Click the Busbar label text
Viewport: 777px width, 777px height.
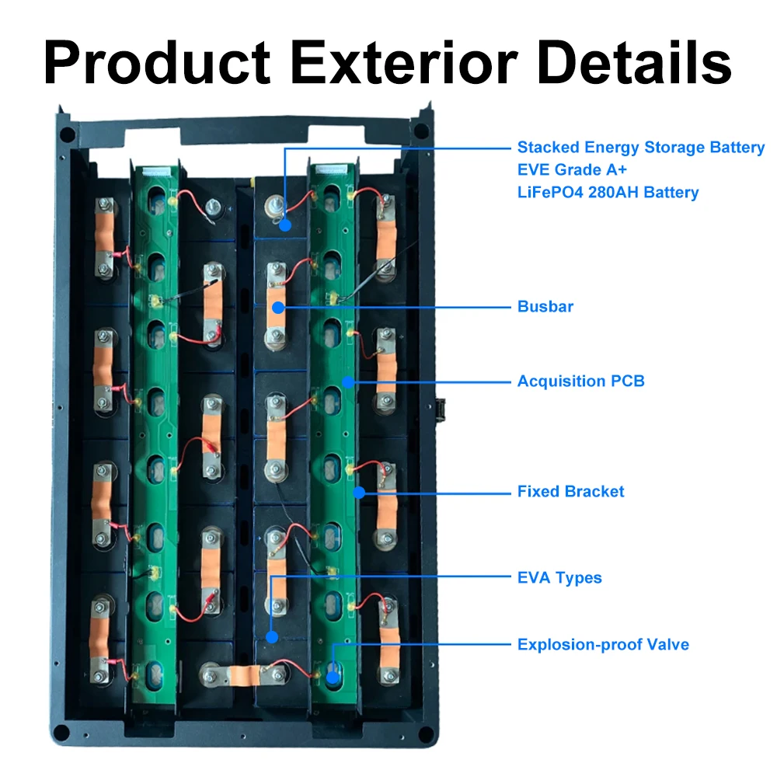(545, 306)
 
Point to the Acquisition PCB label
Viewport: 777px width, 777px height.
(580, 381)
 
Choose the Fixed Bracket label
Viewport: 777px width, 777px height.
(570, 491)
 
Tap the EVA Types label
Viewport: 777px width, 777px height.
(559, 577)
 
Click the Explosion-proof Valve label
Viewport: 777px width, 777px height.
(603, 644)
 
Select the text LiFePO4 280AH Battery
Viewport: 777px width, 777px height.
(608, 192)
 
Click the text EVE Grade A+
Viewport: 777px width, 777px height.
(572, 169)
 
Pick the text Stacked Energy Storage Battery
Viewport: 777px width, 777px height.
(641, 147)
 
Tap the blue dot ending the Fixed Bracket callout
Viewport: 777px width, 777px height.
(359, 491)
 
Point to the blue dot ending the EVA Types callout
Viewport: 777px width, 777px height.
(271, 637)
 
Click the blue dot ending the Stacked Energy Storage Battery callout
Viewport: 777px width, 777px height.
(285, 225)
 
